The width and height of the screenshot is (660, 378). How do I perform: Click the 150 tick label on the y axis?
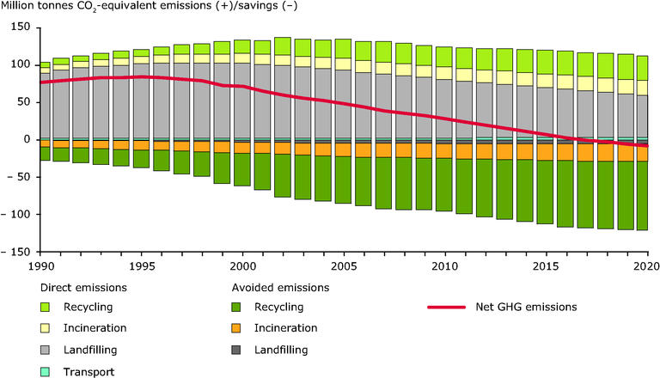click(x=21, y=27)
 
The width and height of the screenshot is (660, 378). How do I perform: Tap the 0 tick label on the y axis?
click(x=27, y=139)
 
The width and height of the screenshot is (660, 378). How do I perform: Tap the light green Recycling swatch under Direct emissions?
click(x=44, y=306)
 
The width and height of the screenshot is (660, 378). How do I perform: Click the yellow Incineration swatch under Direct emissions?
click(x=44, y=328)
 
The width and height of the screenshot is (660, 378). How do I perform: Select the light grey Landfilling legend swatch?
click(x=44, y=350)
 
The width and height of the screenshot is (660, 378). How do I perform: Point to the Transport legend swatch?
click(x=44, y=371)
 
